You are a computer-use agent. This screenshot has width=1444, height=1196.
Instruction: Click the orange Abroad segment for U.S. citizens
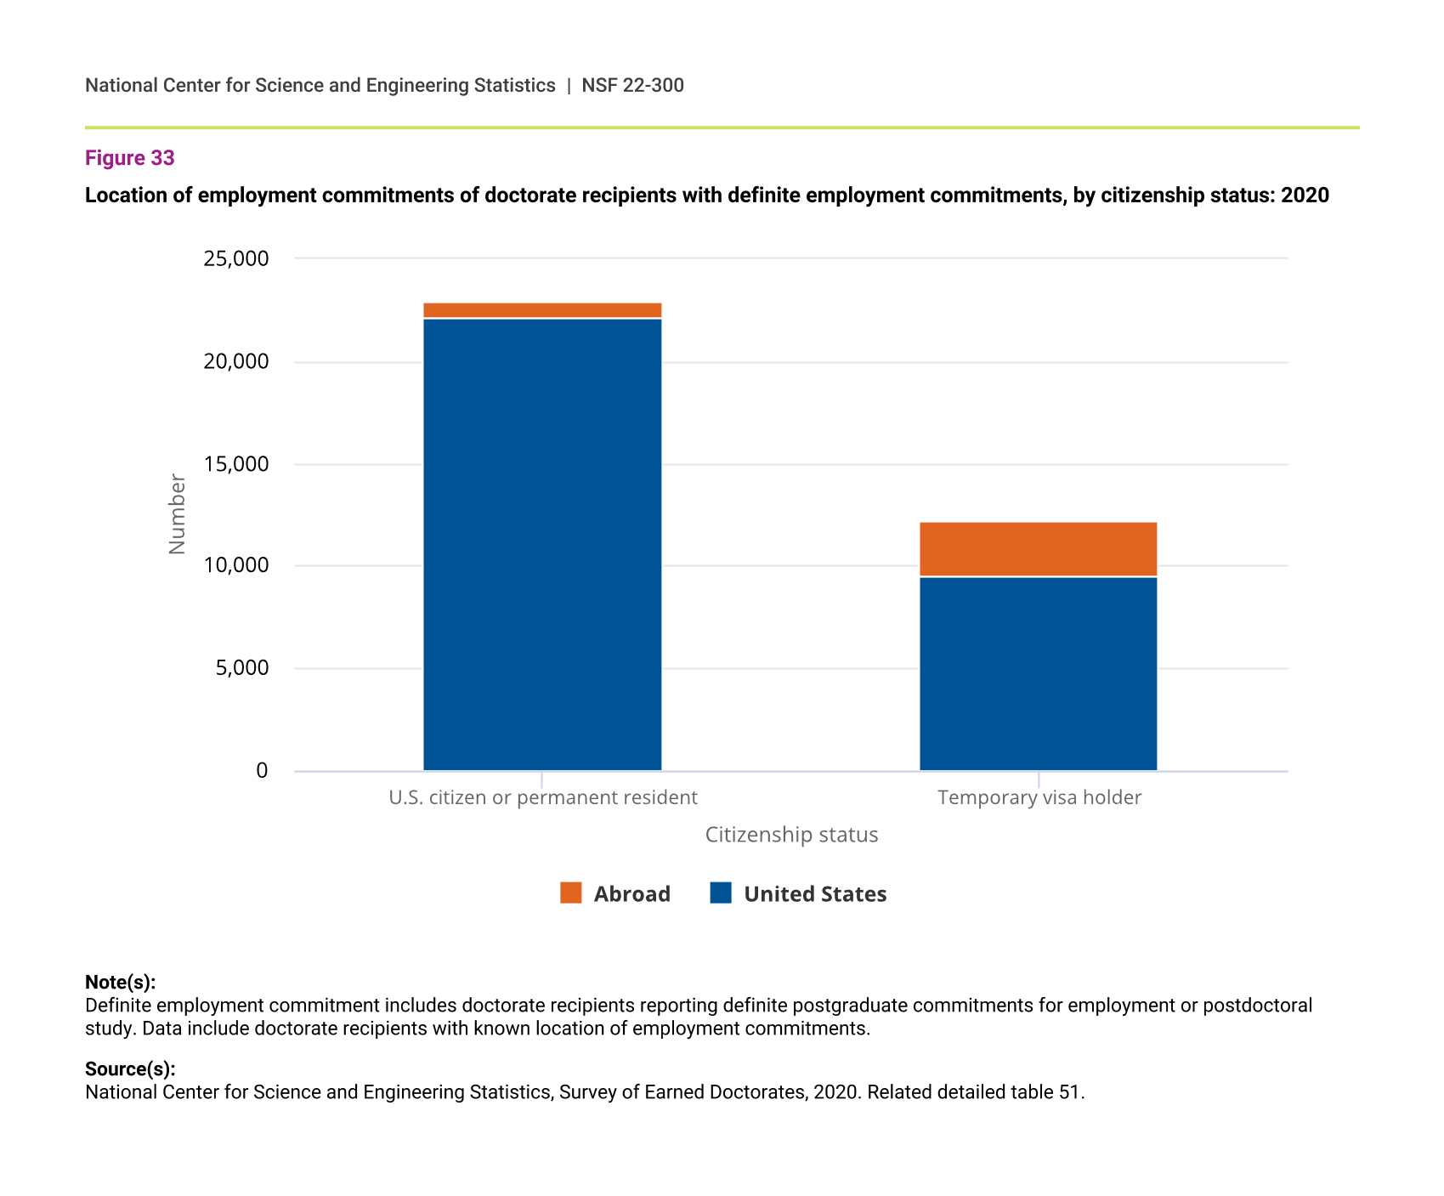click(542, 310)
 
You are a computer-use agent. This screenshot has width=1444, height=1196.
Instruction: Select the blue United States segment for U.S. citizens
click(542, 544)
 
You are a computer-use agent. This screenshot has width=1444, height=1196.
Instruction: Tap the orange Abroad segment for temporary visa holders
click(1038, 549)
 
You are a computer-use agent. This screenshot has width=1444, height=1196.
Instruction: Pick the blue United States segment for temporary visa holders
click(1038, 673)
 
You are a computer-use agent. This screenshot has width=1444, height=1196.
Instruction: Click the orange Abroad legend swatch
click(571, 893)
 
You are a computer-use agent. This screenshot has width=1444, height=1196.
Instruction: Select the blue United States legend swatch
click(721, 893)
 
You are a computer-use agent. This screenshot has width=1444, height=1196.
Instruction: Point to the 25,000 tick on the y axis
click(236, 258)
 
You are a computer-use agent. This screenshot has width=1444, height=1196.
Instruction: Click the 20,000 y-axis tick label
click(236, 361)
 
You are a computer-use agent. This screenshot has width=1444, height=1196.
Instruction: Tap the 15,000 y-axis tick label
click(236, 464)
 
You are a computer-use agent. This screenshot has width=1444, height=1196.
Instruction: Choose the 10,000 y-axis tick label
click(236, 565)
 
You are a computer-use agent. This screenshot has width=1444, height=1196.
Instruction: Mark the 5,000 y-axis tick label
click(242, 668)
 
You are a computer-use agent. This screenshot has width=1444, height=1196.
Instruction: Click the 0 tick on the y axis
click(262, 770)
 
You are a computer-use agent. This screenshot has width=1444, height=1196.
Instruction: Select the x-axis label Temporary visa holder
click(1039, 797)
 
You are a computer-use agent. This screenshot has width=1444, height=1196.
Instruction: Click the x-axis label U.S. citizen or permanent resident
click(542, 797)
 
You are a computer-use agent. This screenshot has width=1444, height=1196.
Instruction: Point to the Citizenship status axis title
click(791, 835)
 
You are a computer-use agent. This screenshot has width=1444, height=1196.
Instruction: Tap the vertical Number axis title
click(177, 514)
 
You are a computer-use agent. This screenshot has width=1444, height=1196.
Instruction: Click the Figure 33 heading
click(130, 158)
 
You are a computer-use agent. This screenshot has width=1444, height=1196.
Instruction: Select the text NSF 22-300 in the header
click(632, 85)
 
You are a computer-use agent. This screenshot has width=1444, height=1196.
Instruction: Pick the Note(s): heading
click(120, 982)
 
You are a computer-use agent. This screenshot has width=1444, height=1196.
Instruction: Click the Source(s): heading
click(130, 1068)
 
